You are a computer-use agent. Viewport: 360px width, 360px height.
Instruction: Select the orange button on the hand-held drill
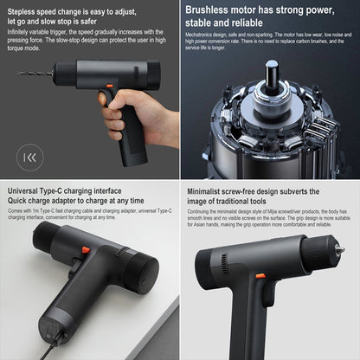click(109, 86)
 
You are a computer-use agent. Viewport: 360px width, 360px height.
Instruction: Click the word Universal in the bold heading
click(28, 190)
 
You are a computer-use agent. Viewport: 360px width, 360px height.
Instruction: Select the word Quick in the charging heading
click(19, 201)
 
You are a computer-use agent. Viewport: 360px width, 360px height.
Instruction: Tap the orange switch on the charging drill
click(85, 249)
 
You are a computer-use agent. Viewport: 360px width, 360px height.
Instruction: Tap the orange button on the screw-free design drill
click(260, 276)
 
